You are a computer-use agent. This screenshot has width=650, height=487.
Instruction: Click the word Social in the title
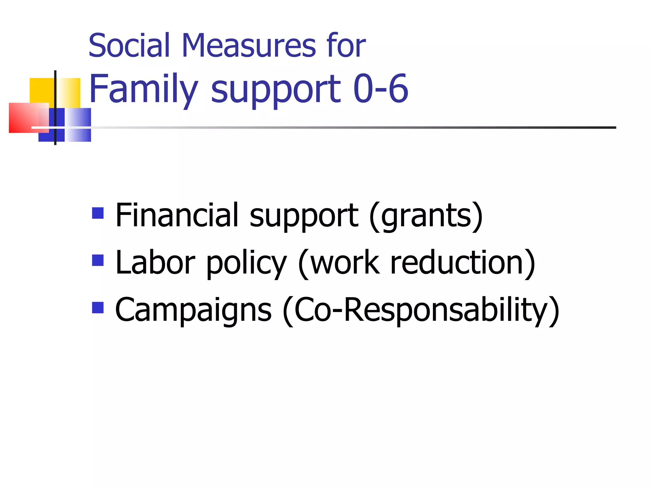tap(129, 46)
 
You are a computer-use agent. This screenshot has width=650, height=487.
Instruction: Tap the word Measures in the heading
tap(249, 46)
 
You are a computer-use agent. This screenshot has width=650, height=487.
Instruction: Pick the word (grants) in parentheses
tap(426, 216)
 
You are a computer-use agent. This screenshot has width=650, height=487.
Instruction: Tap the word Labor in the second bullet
tap(155, 263)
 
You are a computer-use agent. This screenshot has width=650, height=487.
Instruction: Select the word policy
tap(247, 264)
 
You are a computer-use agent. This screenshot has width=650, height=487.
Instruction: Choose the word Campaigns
tap(193, 310)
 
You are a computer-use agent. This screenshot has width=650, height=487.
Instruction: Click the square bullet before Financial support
tap(98, 213)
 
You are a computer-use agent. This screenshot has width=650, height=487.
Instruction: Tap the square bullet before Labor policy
tap(98, 260)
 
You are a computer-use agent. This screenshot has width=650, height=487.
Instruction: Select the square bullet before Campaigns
tap(98, 307)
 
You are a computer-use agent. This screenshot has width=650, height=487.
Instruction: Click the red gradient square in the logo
tap(25, 117)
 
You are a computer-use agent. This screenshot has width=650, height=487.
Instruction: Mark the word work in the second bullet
tap(345, 263)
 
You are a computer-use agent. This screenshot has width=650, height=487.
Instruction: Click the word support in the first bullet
tap(304, 217)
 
